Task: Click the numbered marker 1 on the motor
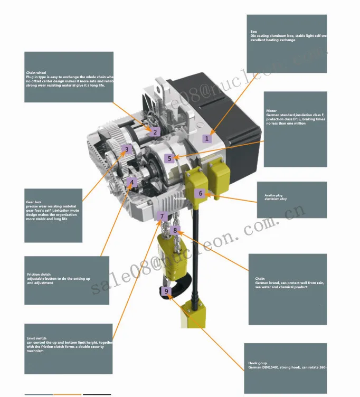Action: coord(207,138)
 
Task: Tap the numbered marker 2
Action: coord(155,133)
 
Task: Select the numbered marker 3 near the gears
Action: coord(126,149)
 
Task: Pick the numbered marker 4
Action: coord(133,182)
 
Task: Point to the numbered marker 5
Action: coord(169,158)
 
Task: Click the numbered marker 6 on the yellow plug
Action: coord(200,193)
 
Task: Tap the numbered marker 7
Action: coord(163,216)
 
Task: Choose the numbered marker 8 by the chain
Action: coord(176,230)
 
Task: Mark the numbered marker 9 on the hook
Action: coord(167,291)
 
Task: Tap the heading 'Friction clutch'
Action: coord(39,275)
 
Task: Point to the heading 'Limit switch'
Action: coord(35,338)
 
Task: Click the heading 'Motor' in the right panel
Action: coord(271,111)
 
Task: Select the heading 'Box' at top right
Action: coord(253,32)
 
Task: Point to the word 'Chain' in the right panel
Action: coord(260,279)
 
